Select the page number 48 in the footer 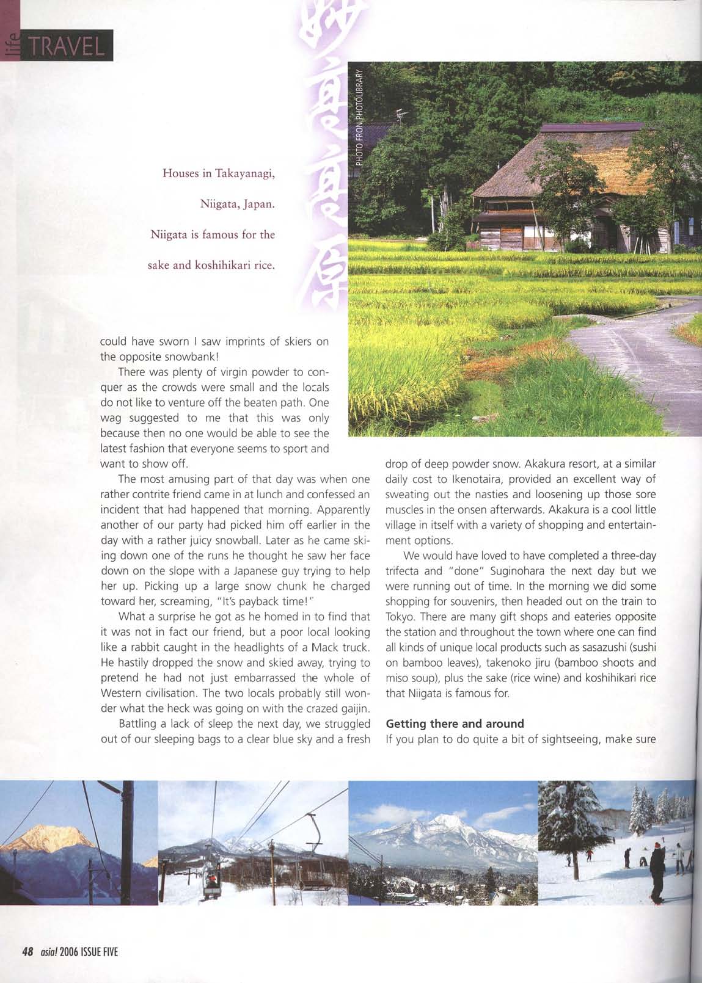click(27, 952)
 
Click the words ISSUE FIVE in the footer click(99, 952)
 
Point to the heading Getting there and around click(455, 724)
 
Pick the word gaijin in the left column click(354, 708)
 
